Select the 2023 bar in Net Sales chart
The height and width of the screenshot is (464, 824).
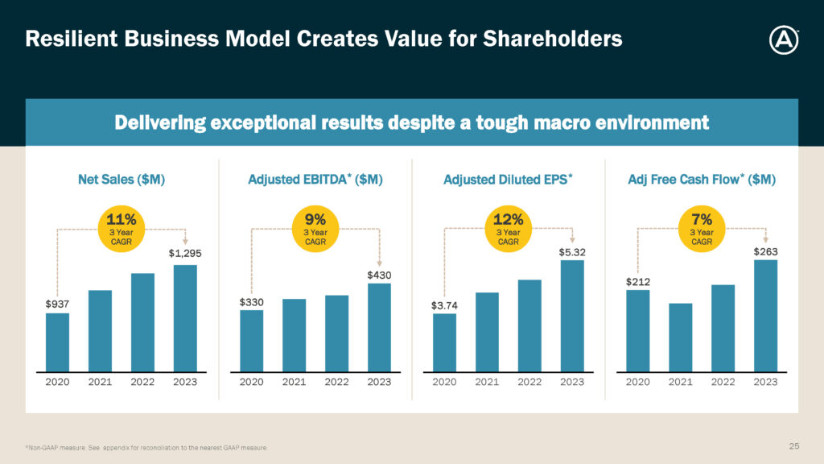click(185, 318)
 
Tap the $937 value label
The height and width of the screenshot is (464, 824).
click(57, 304)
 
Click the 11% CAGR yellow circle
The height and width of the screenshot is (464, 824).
click(122, 228)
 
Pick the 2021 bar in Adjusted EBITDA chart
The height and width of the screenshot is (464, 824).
click(294, 335)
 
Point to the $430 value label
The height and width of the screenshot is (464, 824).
click(379, 275)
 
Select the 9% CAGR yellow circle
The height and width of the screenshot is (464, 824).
click(315, 228)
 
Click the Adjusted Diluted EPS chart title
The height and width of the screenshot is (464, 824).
click(508, 180)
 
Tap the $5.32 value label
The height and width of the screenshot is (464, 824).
click(572, 252)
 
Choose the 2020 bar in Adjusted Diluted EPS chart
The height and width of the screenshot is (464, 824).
click(444, 342)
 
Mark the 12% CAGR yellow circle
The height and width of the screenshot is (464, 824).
click(509, 228)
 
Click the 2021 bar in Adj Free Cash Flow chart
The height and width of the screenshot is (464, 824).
click(680, 338)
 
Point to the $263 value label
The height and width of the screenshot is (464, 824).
click(765, 252)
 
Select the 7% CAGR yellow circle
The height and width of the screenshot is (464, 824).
click(702, 228)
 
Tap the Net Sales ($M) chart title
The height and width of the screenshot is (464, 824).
click(122, 180)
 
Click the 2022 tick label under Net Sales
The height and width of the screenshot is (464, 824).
click(142, 382)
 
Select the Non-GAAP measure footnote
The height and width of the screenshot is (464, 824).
click(146, 447)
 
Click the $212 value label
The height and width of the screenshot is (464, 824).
click(637, 282)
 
